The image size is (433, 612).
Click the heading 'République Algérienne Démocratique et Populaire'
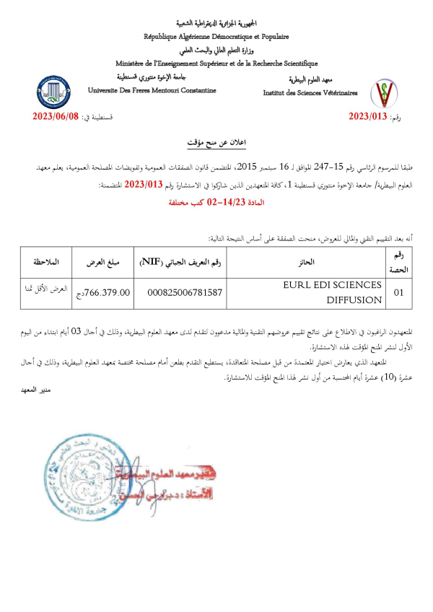pyautogui.click(x=216, y=36)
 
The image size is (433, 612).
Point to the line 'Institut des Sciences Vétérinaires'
pyautogui.click(x=309, y=93)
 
